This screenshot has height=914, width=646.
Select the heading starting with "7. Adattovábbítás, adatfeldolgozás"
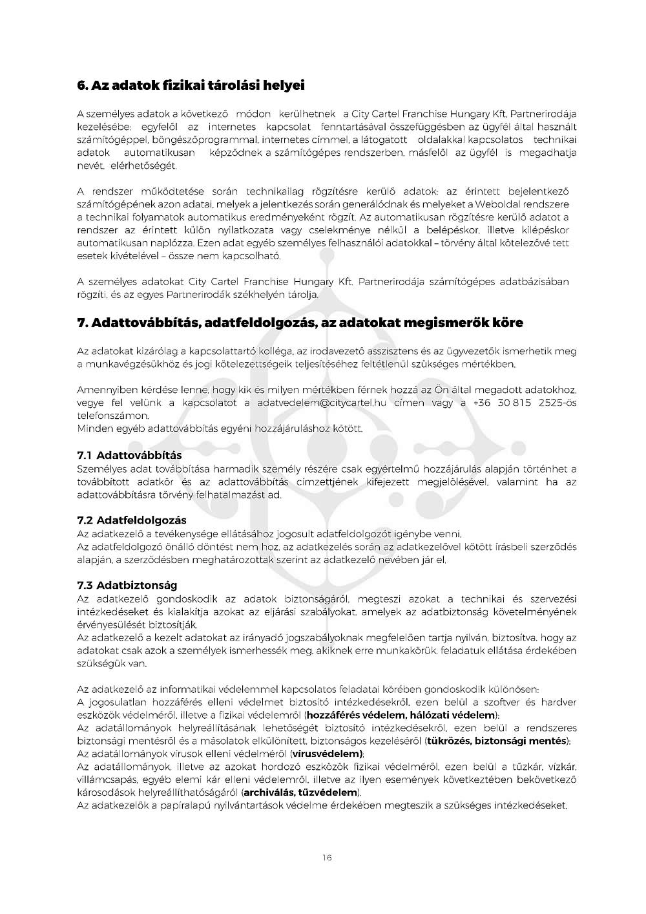click(300, 323)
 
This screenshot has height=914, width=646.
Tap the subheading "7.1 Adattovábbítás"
click(129, 456)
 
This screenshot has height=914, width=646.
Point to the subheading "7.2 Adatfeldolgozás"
click(132, 520)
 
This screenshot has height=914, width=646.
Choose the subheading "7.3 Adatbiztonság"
click(127, 586)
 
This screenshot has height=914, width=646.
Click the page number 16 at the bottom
click(326, 858)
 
